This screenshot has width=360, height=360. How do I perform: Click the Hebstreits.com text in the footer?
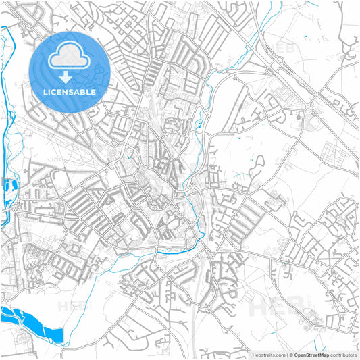(x=267, y=355)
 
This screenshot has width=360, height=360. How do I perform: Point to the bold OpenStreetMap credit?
(x=311, y=355)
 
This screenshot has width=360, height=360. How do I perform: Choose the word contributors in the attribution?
(x=344, y=355)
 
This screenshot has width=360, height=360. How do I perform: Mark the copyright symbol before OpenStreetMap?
(x=290, y=355)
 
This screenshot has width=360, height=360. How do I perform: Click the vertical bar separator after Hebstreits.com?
(x=286, y=355)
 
